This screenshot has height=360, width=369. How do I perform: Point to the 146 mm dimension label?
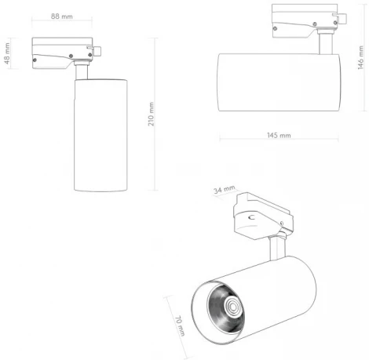pos(360,57)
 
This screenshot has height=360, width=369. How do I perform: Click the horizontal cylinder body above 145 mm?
pos(279,84)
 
